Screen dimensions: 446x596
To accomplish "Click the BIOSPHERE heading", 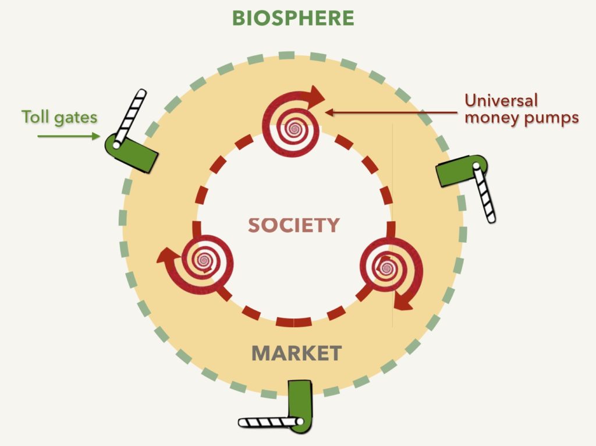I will coord(293,18).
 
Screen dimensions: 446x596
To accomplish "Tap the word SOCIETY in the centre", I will coord(294,225).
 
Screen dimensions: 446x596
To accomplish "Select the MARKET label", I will coord(296,353).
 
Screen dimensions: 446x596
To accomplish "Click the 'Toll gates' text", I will coord(59,117).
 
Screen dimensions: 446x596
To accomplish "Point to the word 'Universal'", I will coord(501,101).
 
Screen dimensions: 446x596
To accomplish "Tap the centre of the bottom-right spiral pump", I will coord(386,268).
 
